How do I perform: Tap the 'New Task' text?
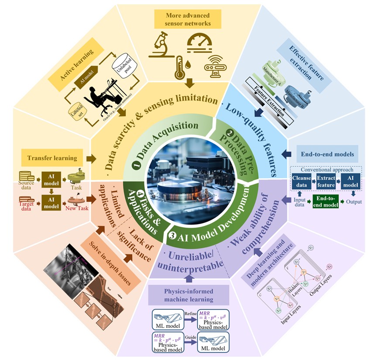77,208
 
